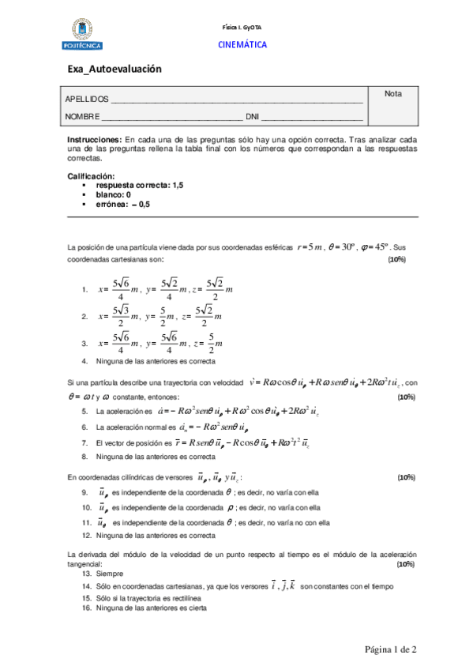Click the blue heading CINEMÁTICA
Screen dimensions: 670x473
pos(242,45)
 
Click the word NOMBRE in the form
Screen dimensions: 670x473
pos(82,116)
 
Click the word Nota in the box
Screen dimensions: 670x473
pos(392,94)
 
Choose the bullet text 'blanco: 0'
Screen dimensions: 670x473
pos(113,194)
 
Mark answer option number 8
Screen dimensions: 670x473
pos(84,457)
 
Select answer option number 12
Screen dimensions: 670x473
pos(84,535)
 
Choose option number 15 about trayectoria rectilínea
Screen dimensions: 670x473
pos(84,597)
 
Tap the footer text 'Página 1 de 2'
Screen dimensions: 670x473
pos(390,649)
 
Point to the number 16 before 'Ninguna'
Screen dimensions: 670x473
pos(84,608)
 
